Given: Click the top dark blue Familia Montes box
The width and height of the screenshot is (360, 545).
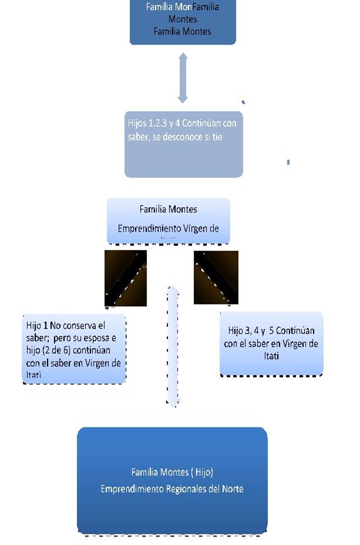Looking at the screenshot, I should pyautogui.click(x=182, y=22).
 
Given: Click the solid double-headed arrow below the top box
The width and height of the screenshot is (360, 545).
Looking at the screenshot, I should pyautogui.click(x=183, y=78).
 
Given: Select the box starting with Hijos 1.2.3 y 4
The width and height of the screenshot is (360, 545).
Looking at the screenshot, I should pyautogui.click(x=183, y=144).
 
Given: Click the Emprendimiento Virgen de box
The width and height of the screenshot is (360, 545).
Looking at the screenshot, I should pyautogui.click(x=168, y=220).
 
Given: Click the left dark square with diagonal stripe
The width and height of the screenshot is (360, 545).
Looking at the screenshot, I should pyautogui.click(x=125, y=278).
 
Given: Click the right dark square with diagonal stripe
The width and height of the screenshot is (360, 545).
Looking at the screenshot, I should pyautogui.click(x=216, y=277).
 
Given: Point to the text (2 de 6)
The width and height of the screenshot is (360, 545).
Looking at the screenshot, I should pyautogui.click(x=63, y=352).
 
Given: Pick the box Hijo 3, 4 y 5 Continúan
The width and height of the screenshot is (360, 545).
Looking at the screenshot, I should pyautogui.click(x=271, y=344).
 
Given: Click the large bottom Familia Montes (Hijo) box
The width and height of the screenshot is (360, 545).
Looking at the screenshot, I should pyautogui.click(x=172, y=480).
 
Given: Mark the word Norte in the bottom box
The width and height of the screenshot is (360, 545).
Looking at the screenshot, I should pyautogui.click(x=231, y=489).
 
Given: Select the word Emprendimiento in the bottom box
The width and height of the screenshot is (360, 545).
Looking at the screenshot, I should pyautogui.click(x=129, y=489).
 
